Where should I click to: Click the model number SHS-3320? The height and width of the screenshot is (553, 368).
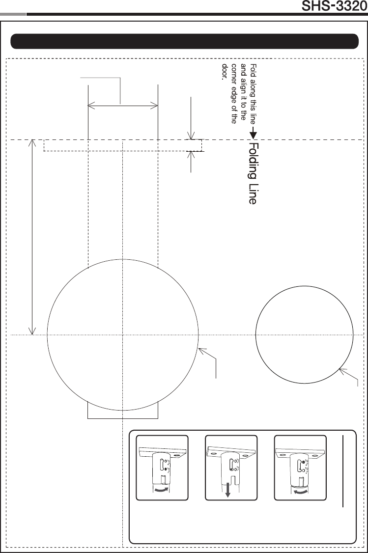coord(334,6)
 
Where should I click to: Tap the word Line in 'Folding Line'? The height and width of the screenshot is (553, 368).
coord(253,194)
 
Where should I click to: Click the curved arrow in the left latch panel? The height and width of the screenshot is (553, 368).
coord(161,490)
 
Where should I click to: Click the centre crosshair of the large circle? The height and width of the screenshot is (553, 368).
coord(122,334)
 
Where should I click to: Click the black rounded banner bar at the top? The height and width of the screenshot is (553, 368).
coord(185,41)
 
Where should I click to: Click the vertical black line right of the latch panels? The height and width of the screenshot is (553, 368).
coord(343,471)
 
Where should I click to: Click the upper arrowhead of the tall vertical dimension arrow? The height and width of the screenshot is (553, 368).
coord(32,142)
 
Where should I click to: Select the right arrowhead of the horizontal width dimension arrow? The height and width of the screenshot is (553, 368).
coord(154,105)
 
